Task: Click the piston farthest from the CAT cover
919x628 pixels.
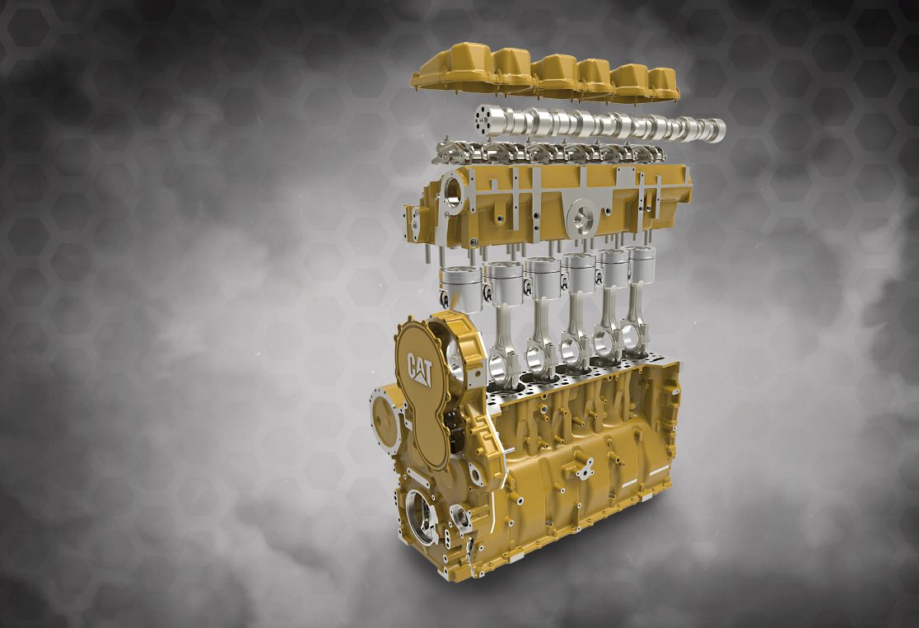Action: click(641, 265)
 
